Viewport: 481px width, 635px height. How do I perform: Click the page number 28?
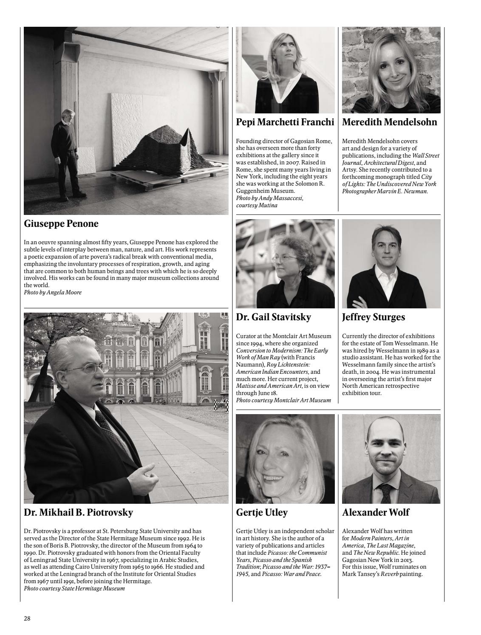click(27, 618)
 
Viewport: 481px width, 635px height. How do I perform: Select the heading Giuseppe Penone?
click(61, 223)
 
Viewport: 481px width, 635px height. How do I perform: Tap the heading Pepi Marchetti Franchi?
click(285, 122)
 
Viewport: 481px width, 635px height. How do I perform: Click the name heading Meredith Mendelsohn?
click(389, 122)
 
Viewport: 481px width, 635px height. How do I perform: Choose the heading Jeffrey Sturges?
click(373, 317)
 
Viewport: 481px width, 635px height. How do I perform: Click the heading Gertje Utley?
click(262, 513)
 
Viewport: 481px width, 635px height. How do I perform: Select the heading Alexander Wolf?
click(376, 513)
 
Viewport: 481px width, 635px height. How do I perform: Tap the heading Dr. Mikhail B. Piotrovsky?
click(79, 513)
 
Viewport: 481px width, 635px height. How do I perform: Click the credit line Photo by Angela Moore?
click(53, 292)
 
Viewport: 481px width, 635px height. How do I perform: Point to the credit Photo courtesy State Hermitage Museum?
click(74, 588)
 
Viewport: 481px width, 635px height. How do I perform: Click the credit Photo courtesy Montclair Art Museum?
click(283, 400)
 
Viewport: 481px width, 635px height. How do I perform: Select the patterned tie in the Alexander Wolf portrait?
click(386, 493)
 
